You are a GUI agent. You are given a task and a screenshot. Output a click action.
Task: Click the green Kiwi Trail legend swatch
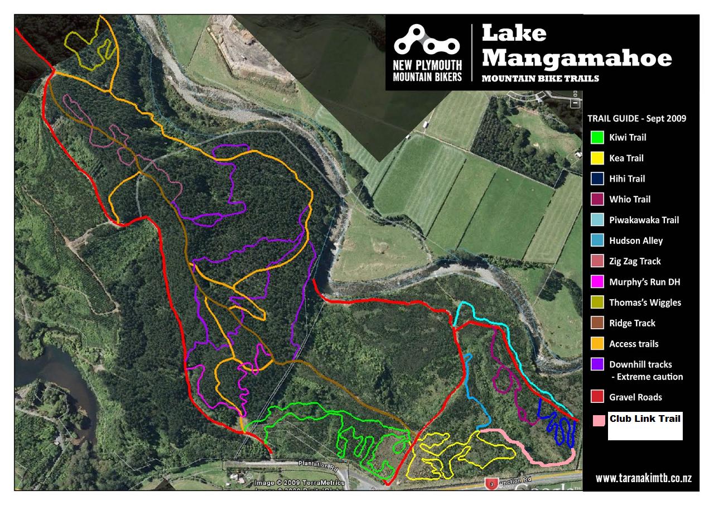[597, 137]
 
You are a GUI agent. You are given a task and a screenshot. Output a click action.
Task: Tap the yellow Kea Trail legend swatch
[597, 158]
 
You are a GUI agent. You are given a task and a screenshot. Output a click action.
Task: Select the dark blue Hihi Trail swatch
[597, 179]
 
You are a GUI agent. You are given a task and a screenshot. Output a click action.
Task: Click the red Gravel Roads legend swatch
[597, 397]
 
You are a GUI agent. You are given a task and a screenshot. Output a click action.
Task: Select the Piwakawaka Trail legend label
[644, 220]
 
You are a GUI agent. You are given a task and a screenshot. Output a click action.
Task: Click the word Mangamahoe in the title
[577, 57]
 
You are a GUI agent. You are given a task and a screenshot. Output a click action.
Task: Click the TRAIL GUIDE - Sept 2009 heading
[636, 118]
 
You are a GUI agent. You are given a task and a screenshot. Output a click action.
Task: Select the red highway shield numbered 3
[491, 483]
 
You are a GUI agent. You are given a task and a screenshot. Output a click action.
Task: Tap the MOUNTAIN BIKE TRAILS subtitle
[540, 79]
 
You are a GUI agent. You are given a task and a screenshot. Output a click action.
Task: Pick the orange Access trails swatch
[597, 344]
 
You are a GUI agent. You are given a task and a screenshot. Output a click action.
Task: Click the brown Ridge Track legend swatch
[597, 323]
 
